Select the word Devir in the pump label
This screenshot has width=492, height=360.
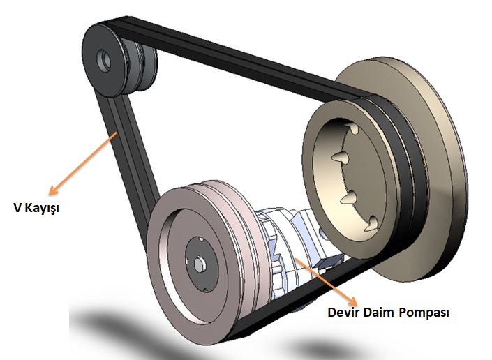coord(343,312)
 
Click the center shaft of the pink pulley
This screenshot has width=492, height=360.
coord(199,264)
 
